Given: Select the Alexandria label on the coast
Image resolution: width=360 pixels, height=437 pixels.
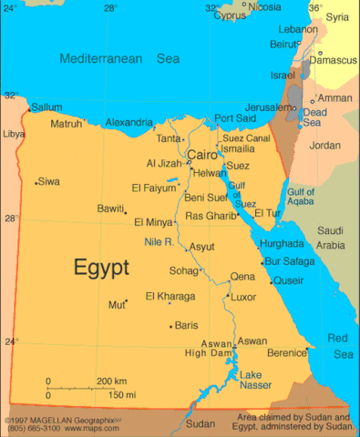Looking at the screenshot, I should tap(129, 122).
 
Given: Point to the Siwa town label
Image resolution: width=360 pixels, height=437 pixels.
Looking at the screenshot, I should tap(48, 182).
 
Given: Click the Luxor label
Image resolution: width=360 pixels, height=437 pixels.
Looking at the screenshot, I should tap(243, 297).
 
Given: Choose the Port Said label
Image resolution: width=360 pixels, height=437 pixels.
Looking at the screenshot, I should tap(236, 118).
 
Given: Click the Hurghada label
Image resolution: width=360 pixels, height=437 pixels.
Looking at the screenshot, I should tap(282, 244).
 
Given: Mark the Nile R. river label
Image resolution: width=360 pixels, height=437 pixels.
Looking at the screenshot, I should tap(159, 241).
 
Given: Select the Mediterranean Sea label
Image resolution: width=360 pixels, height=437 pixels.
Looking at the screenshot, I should tap(119, 58).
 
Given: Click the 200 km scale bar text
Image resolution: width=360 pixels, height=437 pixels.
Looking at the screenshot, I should tap(112, 381).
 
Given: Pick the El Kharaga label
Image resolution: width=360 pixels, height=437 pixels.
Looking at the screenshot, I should tap(170, 297).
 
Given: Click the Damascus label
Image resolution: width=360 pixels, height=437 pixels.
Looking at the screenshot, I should tap(332, 60).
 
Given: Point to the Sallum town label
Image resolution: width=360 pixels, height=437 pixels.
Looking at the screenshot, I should tap(46, 107).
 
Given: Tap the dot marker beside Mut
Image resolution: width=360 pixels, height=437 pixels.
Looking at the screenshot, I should tap(126, 301).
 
